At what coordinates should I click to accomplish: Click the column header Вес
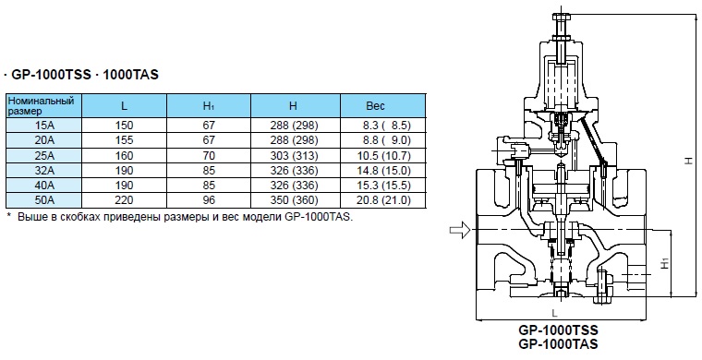coord(375,106)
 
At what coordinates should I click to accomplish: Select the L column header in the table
coord(124,106)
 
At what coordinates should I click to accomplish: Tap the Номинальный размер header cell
coord(41,105)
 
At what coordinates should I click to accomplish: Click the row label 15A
coord(44,126)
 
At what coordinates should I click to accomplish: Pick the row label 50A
coord(44,200)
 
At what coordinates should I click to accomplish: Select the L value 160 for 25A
coord(124,155)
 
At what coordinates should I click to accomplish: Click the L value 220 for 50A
coord(124,200)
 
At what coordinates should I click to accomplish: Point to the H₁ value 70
coord(209,155)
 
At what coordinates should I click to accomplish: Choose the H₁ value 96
coord(209,200)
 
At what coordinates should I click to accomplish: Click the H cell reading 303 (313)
coord(294,155)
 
